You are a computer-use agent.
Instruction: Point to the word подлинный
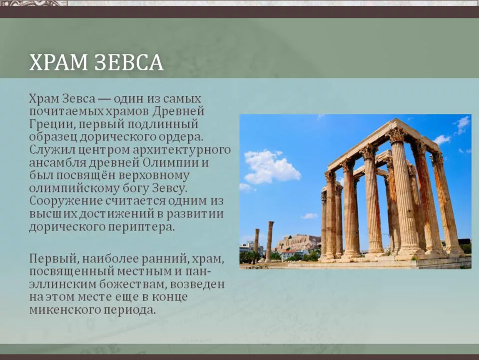point(163,125)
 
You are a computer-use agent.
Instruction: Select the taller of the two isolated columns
point(269,241)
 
